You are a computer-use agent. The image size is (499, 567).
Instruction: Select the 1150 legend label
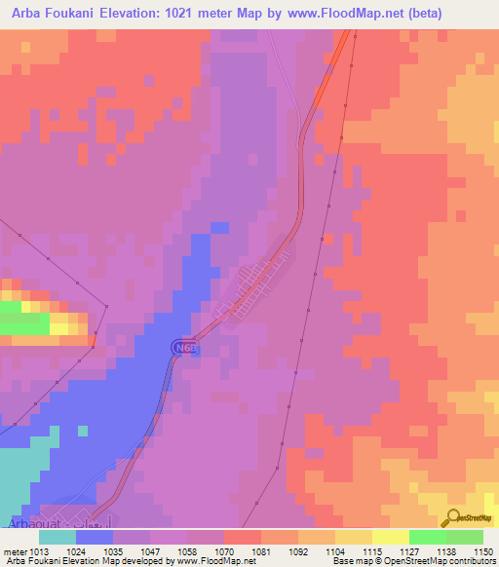coord(484,550)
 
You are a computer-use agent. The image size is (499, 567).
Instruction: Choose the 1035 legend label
coord(115,550)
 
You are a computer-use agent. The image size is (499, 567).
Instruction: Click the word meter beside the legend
coord(15,550)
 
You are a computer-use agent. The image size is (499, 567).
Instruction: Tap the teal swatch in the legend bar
coord(58,537)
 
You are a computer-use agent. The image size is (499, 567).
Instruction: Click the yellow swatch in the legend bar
coord(390,537)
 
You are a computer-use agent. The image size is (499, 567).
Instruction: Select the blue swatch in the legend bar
coord(95,537)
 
